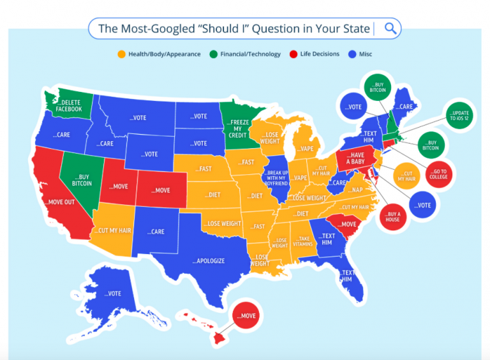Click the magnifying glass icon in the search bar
390,29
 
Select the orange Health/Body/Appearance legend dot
121,54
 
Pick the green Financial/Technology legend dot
213,54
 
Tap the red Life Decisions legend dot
293,54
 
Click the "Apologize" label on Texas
209,261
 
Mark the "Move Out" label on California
59,202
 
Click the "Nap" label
356,190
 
